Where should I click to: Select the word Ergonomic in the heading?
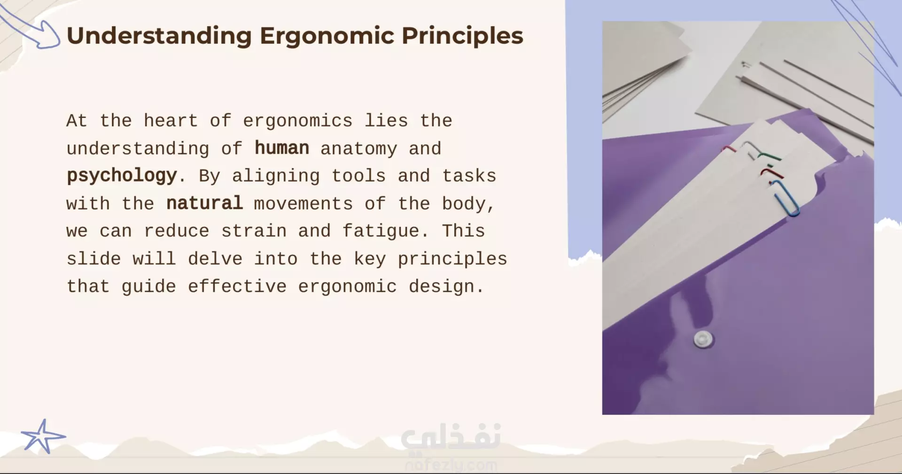point(327,36)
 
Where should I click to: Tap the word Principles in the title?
point(462,36)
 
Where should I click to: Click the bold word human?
point(282,148)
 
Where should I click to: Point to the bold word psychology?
point(122,176)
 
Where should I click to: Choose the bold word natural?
point(204,203)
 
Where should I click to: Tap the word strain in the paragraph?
point(254,231)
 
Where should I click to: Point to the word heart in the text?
point(171,121)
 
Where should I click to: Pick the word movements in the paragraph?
point(303,204)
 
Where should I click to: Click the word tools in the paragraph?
point(358,176)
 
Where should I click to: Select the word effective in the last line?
point(237,286)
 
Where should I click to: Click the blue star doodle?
point(43,436)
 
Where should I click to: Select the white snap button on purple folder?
point(703,339)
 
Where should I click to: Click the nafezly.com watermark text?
point(451,465)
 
